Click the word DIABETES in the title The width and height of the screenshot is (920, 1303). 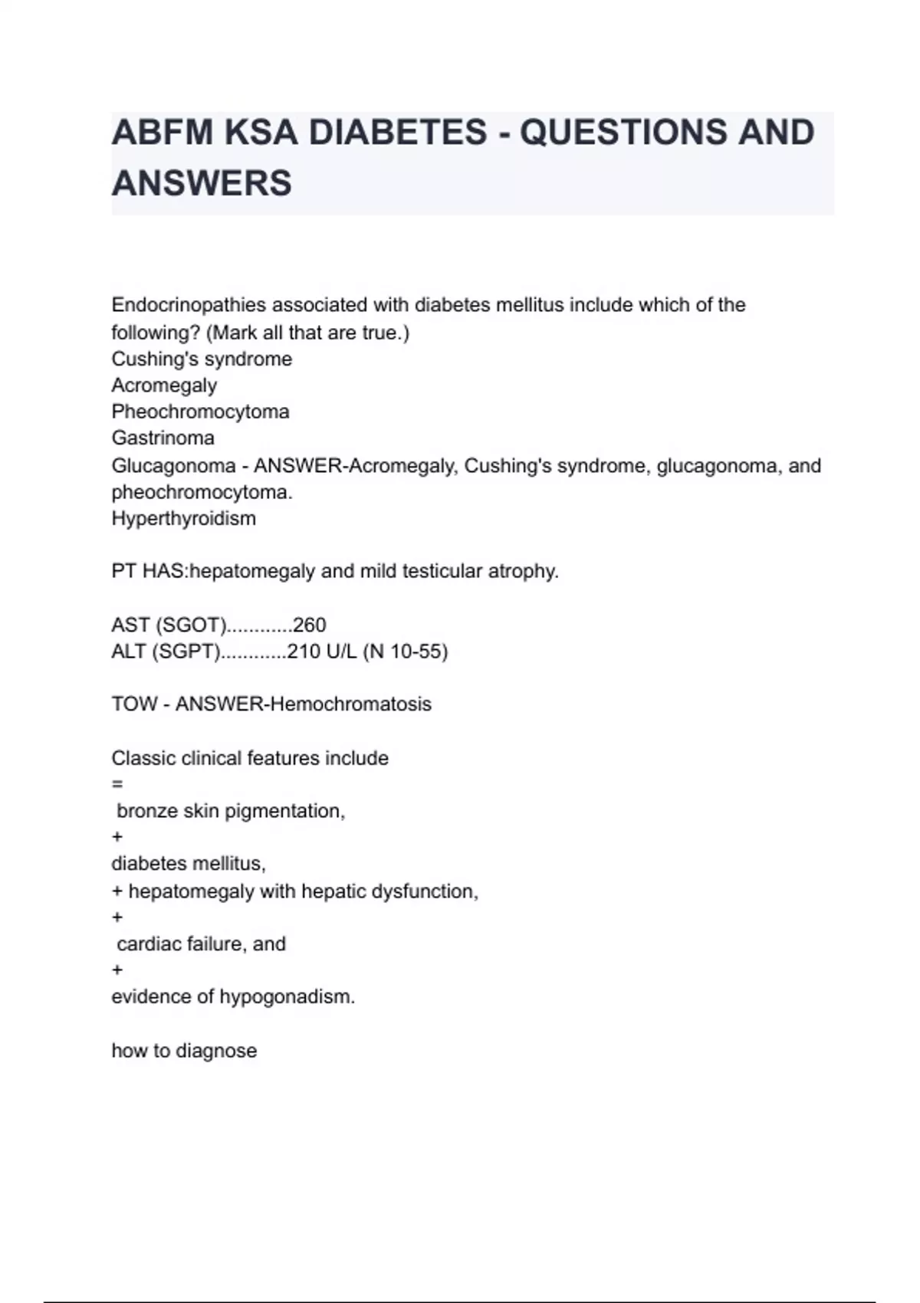397,133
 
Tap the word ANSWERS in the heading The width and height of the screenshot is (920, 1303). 202,183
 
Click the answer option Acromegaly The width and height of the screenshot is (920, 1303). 164,385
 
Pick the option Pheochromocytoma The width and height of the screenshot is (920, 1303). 200,412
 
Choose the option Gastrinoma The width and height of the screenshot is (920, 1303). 163,438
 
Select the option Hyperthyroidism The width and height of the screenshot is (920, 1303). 183,518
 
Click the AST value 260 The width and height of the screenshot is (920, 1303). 310,625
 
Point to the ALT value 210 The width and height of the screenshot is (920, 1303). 304,651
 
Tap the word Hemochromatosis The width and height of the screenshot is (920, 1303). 350,704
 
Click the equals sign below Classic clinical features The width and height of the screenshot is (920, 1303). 117,784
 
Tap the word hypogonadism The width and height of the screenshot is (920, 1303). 287,996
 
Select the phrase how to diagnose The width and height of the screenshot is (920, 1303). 184,1050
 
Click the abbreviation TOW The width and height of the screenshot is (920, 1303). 133,704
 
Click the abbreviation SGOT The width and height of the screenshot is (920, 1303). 191,625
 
